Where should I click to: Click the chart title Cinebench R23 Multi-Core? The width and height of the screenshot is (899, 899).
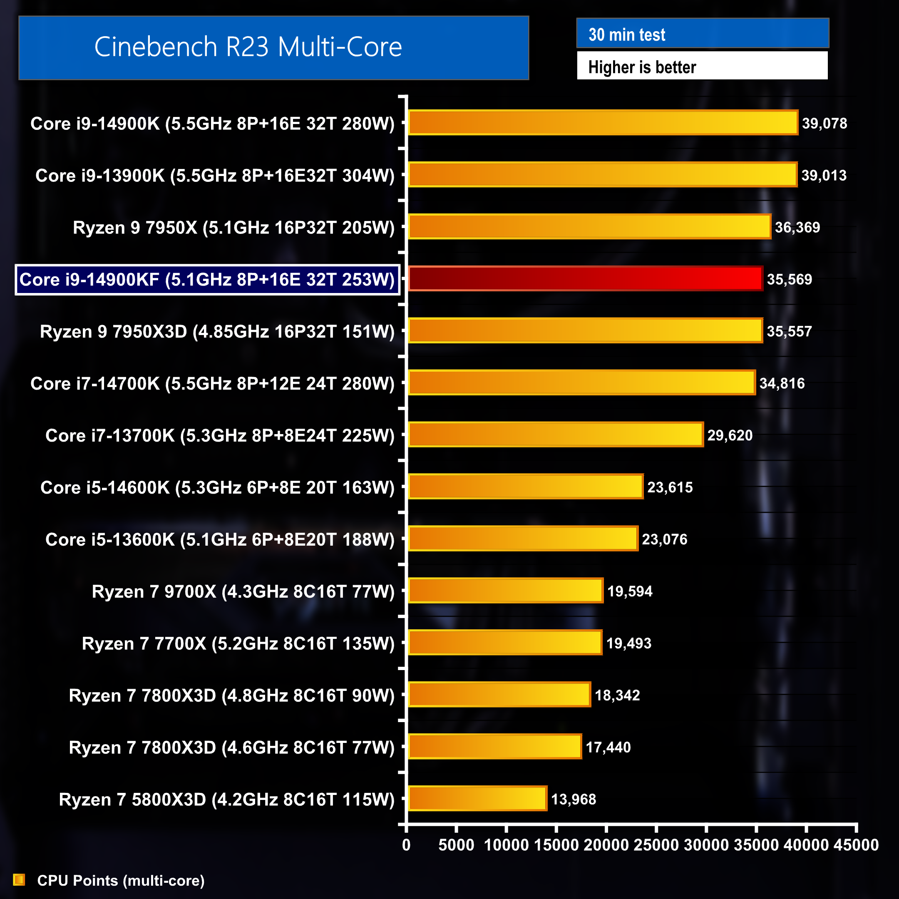(248, 47)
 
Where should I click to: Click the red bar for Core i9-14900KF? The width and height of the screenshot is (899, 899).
(585, 279)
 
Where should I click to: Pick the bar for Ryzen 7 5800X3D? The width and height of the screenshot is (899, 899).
(477, 799)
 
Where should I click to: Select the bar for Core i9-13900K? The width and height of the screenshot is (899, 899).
(603, 174)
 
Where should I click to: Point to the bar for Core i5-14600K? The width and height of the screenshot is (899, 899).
(526, 487)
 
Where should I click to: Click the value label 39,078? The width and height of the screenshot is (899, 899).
(824, 123)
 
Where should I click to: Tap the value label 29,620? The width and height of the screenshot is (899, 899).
(730, 435)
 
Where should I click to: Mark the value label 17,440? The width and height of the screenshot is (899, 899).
(608, 748)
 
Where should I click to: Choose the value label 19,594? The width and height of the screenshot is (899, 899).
(630, 591)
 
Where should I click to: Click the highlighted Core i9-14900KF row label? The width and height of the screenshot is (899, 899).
(207, 280)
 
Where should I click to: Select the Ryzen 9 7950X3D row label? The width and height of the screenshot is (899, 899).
(217, 331)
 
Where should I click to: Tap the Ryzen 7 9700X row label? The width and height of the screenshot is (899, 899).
(243, 591)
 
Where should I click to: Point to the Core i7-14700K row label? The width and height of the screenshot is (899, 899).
(212, 383)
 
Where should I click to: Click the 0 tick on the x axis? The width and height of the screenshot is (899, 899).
(406, 844)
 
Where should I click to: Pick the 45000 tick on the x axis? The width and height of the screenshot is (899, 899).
(856, 844)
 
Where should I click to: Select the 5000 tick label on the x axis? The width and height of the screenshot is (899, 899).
(456, 844)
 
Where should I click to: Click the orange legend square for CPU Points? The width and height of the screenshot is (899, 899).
(19, 879)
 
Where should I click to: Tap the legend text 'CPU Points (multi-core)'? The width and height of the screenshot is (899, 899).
(121, 880)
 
